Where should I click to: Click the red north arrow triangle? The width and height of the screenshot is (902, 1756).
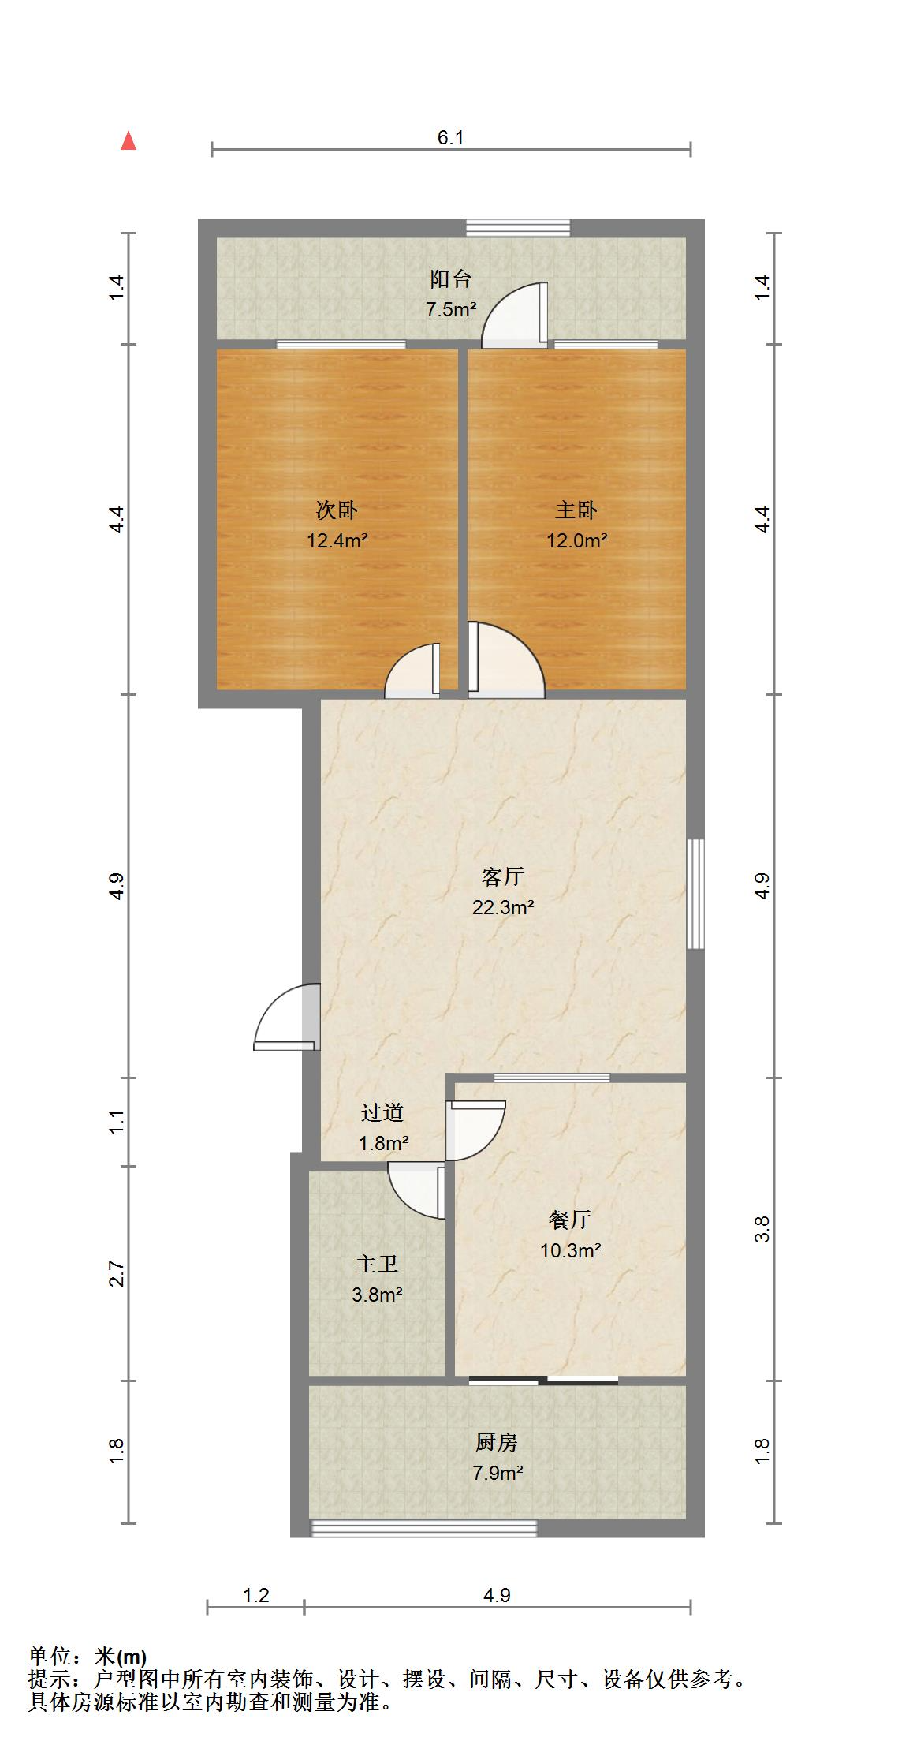(129, 142)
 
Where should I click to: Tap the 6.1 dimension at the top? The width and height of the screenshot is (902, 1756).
(450, 138)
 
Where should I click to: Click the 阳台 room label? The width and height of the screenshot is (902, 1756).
(450, 279)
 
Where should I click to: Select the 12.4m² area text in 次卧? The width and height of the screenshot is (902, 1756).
(337, 541)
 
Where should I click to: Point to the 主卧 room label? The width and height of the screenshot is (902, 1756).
(576, 510)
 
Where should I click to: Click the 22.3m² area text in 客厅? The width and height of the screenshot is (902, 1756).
(503, 907)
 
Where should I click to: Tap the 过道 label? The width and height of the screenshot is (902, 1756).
(382, 1113)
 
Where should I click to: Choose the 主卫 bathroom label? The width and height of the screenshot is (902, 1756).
(377, 1264)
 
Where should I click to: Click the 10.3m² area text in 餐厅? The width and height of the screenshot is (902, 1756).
(571, 1250)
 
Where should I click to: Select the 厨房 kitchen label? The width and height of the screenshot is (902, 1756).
(497, 1442)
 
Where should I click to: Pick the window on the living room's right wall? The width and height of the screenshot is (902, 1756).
(695, 894)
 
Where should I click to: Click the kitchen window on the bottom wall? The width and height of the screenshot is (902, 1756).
(424, 1529)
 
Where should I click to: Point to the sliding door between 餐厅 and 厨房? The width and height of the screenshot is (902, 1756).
(543, 1380)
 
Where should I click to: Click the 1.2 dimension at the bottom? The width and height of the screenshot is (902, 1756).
(256, 1596)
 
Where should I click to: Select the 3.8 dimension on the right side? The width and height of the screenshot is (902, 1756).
(762, 1229)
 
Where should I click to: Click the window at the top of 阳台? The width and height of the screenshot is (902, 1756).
(517, 227)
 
